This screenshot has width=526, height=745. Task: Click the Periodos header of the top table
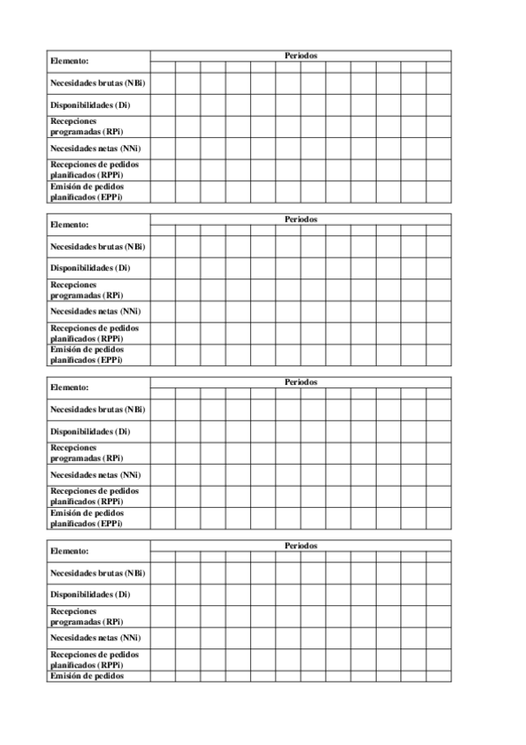(300, 55)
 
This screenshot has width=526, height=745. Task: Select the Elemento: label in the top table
(70, 61)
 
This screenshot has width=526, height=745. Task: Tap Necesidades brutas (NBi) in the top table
(97, 83)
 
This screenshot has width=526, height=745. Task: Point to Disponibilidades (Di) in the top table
(90, 105)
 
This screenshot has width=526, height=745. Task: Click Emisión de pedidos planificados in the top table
(87, 192)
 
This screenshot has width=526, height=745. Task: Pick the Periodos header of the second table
(300, 219)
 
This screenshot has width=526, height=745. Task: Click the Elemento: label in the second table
(70, 225)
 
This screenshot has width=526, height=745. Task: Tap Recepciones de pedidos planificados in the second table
(94, 333)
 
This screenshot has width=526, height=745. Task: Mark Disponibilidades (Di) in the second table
(90, 268)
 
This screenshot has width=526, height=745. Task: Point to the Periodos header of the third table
(300, 382)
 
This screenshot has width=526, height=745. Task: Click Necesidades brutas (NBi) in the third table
(97, 409)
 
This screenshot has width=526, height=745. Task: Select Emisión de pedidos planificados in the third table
(87, 517)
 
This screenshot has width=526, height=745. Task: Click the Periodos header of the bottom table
(300, 546)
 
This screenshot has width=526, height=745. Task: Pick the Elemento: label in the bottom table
(70, 552)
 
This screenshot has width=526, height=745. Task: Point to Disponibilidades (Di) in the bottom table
(90, 595)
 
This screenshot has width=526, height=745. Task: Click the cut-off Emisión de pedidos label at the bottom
(87, 676)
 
